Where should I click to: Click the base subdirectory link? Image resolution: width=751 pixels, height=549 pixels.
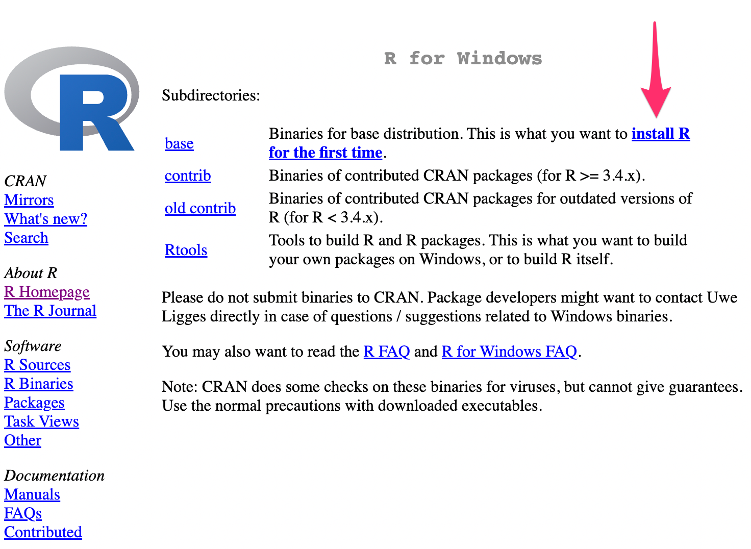(179, 144)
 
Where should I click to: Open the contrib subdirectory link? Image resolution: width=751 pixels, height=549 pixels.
(188, 176)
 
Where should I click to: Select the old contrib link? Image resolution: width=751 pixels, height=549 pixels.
(200, 209)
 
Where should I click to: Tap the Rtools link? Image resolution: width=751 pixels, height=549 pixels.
(186, 251)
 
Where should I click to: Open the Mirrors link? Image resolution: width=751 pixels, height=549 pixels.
(29, 201)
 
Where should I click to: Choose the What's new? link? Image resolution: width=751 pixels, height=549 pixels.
(46, 219)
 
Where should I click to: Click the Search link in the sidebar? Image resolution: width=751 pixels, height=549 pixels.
(26, 238)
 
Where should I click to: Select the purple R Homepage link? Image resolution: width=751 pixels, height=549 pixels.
(47, 292)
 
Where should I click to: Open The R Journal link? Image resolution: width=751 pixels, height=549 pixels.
(50, 311)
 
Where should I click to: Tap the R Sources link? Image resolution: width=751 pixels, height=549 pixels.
(37, 365)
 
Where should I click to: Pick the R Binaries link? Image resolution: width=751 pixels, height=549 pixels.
(39, 384)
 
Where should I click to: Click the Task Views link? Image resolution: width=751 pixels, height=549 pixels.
(41, 422)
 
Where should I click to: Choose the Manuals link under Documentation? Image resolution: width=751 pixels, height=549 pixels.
(32, 495)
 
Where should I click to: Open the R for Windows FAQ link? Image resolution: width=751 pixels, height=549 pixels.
(509, 352)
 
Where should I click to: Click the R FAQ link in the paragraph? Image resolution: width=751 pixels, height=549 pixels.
(386, 352)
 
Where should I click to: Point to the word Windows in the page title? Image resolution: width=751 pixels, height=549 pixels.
(499, 59)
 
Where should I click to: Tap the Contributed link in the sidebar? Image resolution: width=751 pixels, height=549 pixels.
(43, 533)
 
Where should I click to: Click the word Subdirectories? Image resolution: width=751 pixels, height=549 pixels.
(210, 96)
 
